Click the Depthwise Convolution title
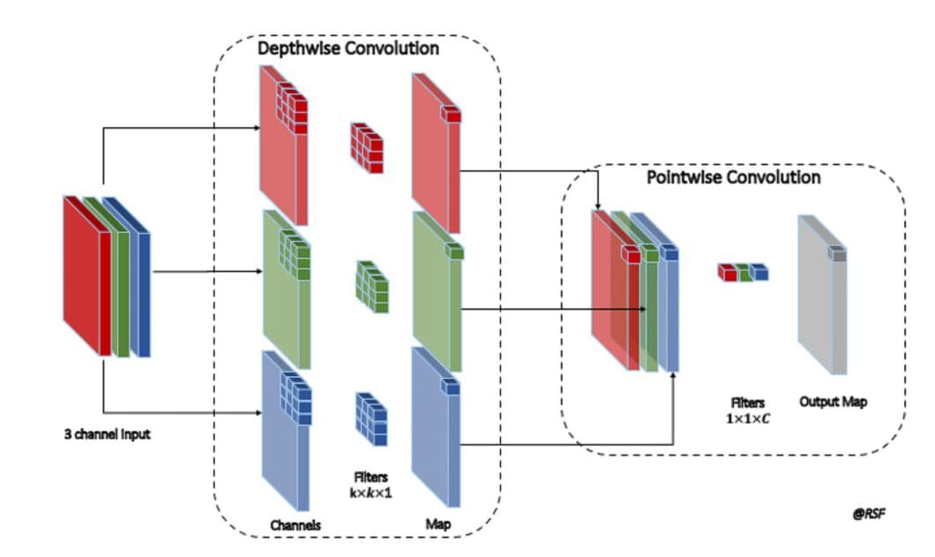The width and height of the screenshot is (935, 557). [x=348, y=48]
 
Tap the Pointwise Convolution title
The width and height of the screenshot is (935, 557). [x=733, y=177]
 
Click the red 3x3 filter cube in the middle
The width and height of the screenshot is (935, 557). [x=367, y=146]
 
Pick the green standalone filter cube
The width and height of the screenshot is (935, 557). [x=370, y=282]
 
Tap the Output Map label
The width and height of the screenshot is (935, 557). [x=833, y=402]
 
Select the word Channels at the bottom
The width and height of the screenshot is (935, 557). [x=295, y=525]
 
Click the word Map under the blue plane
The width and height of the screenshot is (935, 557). [x=438, y=524]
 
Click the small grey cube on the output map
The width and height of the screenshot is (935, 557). [x=836, y=254]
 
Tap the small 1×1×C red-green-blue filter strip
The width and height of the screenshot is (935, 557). [x=742, y=272]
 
